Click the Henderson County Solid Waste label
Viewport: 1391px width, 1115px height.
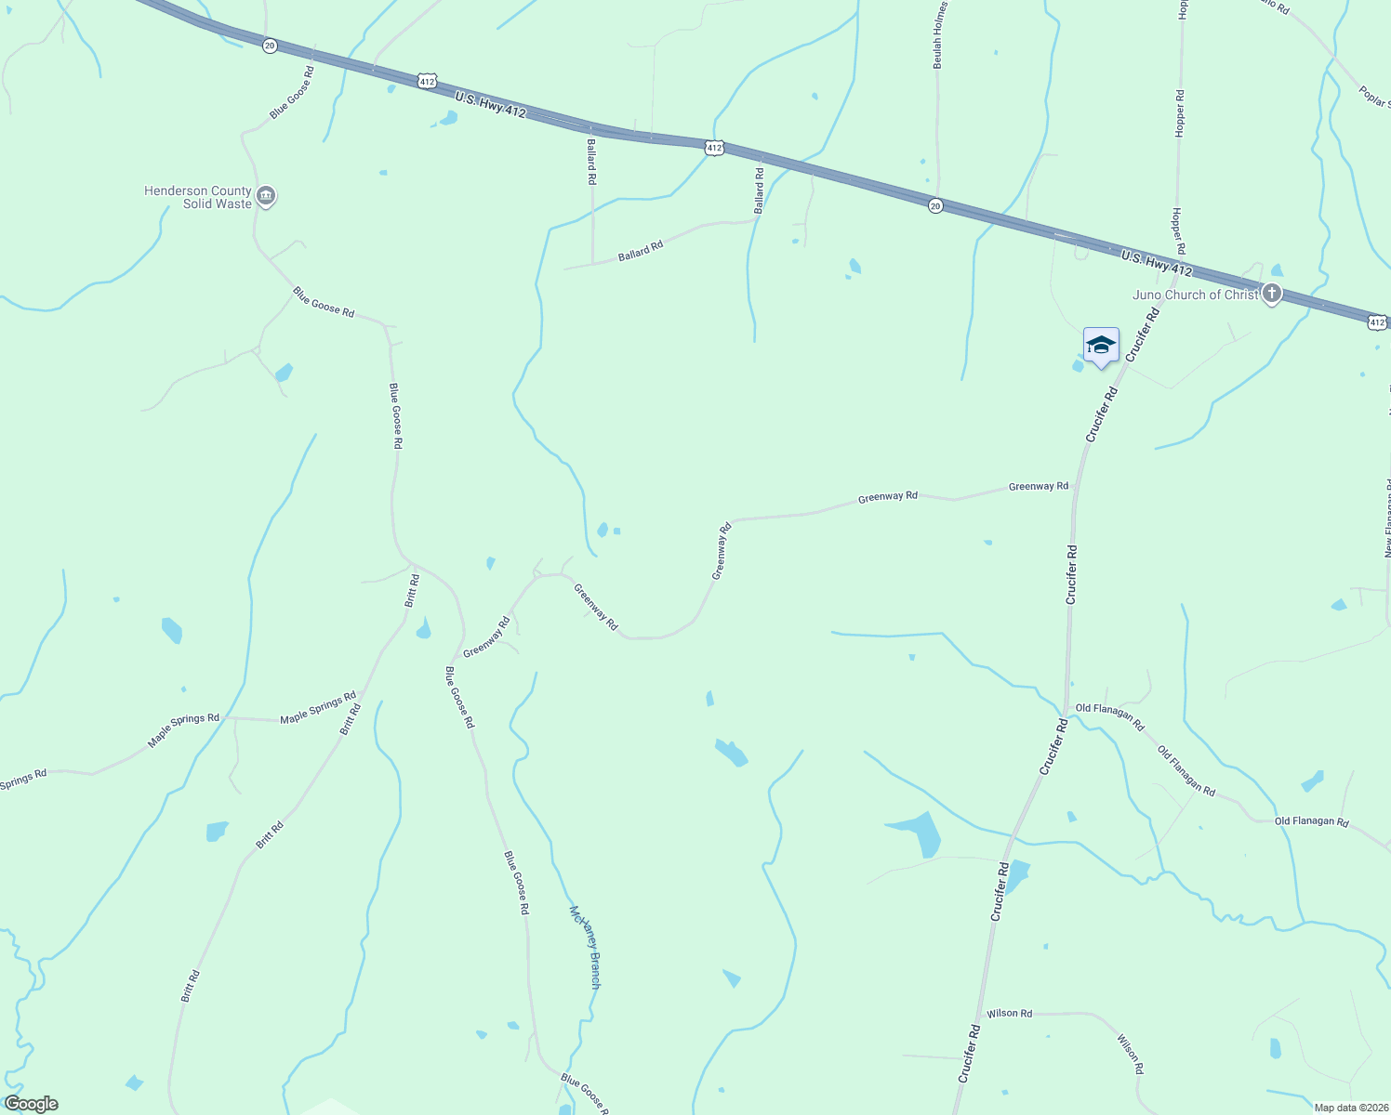click(x=197, y=197)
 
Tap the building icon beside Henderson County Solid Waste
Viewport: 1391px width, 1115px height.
click(x=266, y=196)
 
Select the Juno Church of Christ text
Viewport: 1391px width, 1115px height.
click(x=1195, y=295)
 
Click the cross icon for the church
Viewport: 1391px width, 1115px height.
click(x=1272, y=295)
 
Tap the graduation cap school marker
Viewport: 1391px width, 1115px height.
click(x=1101, y=346)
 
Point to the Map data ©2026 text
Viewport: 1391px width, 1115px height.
click(x=1351, y=1108)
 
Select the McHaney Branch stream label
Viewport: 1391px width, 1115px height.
click(x=586, y=947)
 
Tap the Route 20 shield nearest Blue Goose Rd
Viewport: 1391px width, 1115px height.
click(x=269, y=46)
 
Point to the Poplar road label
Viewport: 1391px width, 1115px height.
click(x=1374, y=96)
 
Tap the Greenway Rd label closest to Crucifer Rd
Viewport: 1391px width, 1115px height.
click(x=1039, y=486)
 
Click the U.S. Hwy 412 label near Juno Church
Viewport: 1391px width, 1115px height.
click(x=1156, y=263)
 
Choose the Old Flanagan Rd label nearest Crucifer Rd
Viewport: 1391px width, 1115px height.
click(x=1109, y=716)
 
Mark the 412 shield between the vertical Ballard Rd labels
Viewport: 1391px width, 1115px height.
click(x=713, y=148)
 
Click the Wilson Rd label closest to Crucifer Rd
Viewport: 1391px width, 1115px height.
click(x=1009, y=1013)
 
